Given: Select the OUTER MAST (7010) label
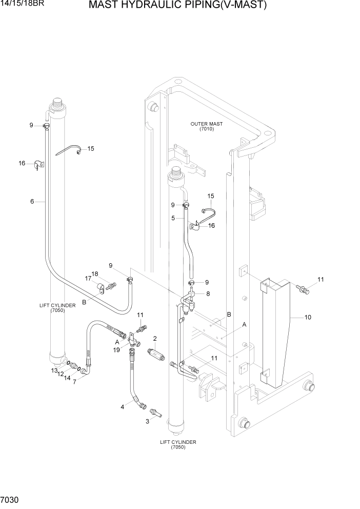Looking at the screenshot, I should tap(202, 126).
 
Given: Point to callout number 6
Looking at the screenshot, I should tap(32, 202).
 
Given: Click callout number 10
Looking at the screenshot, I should tap(308, 317).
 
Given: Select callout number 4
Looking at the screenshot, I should tap(122, 407).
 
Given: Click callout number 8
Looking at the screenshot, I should tap(208, 294).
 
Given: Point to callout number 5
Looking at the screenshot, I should tap(173, 218).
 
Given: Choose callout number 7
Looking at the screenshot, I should tap(75, 382).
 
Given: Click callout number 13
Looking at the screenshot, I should tap(54, 370).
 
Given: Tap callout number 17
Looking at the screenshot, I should tap(88, 279).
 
